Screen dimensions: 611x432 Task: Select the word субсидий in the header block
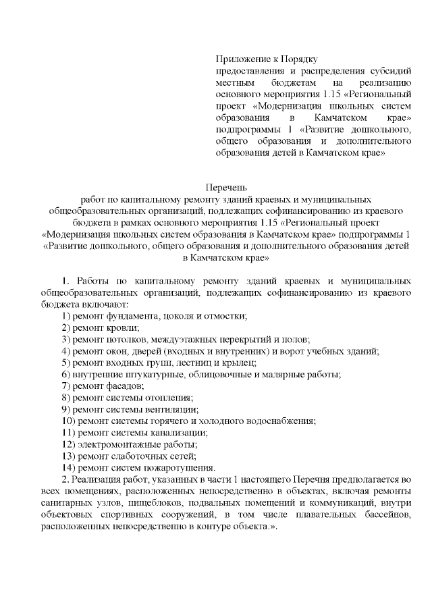coord(391,71)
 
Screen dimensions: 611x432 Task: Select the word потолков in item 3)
coord(126,339)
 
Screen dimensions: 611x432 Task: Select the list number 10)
coord(68,421)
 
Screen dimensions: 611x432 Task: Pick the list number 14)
coord(68,467)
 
